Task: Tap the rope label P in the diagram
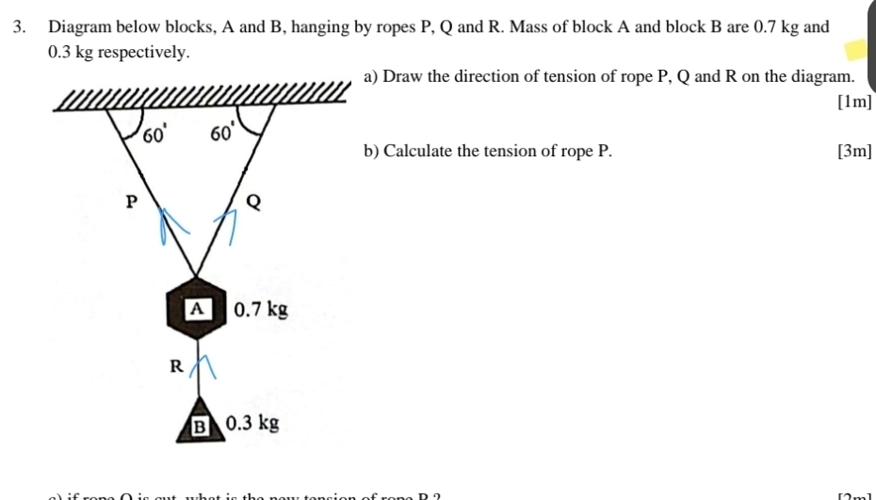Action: [x=132, y=200]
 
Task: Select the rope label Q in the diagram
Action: [x=252, y=201]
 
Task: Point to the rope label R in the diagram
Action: [x=174, y=365]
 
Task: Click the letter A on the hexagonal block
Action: [x=196, y=308]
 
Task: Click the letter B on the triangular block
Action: [x=198, y=425]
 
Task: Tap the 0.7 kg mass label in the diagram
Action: [x=260, y=308]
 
